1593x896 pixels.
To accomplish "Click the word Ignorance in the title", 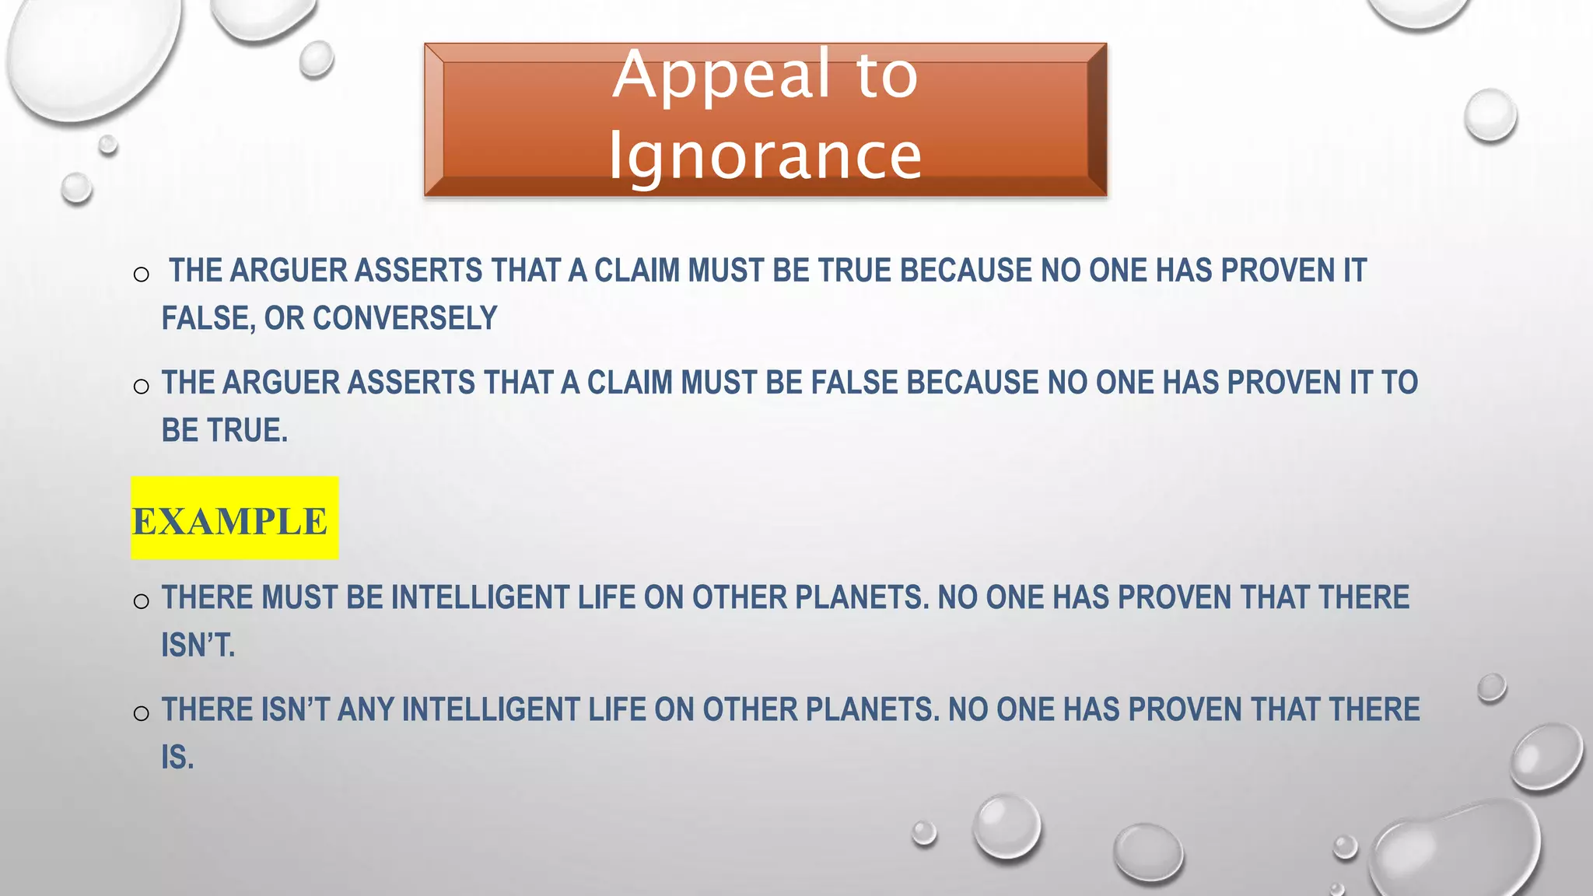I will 765,156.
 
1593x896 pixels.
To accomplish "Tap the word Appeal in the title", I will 723,75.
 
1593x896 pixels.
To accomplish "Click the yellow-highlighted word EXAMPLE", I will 230,520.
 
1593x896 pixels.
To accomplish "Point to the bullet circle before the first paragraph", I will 141,275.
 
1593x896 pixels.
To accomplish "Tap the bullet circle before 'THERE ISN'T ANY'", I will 141,713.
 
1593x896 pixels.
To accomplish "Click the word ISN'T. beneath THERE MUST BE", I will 198,645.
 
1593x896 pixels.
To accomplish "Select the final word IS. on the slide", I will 177,757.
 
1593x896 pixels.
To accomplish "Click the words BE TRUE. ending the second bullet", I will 225,430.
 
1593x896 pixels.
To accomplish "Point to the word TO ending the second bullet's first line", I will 1399,383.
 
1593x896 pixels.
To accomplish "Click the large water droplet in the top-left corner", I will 93,54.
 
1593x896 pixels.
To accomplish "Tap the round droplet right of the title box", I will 1490,116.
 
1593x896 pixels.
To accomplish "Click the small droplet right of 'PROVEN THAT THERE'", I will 1491,688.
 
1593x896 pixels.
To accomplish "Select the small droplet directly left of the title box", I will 317,59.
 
